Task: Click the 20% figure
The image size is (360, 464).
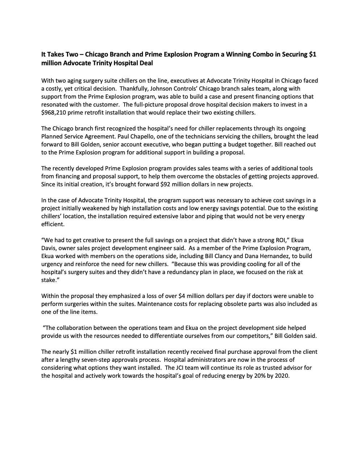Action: (x=251, y=376)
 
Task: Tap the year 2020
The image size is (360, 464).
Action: (x=281, y=376)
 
